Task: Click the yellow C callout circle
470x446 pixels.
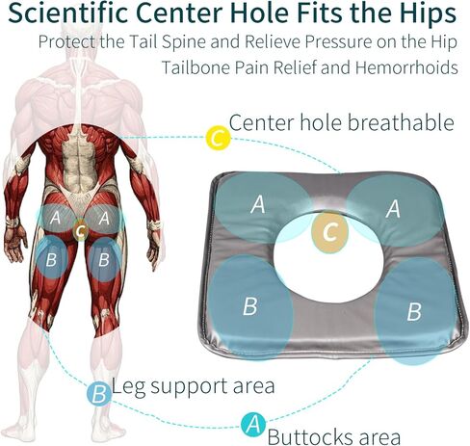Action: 219,139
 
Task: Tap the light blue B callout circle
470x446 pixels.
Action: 99,394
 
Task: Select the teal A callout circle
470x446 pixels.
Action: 253,425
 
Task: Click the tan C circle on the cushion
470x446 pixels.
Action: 329,231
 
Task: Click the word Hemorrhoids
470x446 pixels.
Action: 406,67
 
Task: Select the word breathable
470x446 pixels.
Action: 401,122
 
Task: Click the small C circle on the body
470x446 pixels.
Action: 81,230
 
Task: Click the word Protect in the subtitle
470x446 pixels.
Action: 66,42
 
